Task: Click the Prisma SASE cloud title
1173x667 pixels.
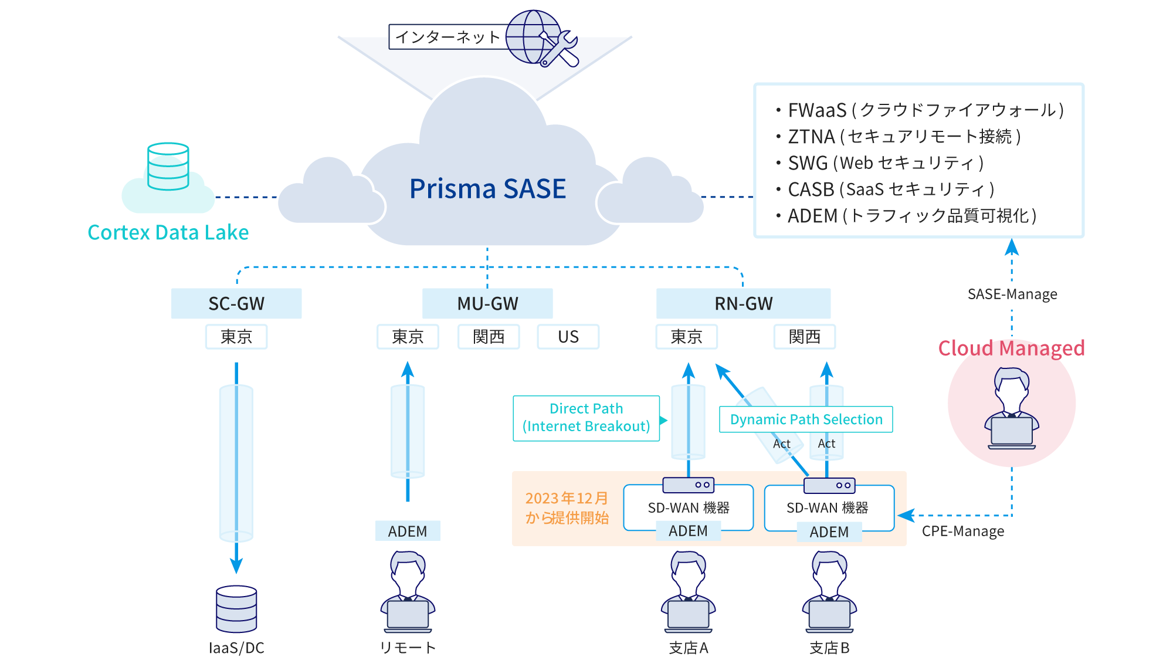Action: click(487, 189)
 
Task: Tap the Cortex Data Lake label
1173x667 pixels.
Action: click(168, 232)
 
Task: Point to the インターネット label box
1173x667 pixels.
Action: click(447, 37)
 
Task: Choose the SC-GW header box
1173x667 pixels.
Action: click(236, 303)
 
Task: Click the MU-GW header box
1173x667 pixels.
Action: click(487, 303)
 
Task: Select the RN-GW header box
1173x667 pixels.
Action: click(743, 303)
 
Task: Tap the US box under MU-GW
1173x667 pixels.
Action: click(568, 337)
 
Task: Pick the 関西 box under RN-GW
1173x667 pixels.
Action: click(804, 337)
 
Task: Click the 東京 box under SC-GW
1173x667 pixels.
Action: click(236, 337)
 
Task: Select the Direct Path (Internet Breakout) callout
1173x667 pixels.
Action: click(586, 418)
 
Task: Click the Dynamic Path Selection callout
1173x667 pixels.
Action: click(806, 419)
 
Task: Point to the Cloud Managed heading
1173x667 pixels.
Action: click(1011, 348)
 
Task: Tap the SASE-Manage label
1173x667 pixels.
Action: click(1012, 294)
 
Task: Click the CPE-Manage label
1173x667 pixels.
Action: click(962, 531)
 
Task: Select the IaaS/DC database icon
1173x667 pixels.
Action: click(236, 608)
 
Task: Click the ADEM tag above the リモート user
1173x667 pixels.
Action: click(408, 531)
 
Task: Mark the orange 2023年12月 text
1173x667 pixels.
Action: click(567, 498)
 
